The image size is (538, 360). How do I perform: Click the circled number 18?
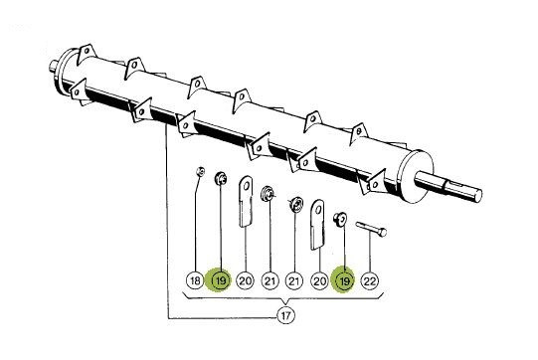195,280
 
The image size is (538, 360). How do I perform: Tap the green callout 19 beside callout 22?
344,280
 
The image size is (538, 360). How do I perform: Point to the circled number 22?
370,281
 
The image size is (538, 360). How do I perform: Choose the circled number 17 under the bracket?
285,315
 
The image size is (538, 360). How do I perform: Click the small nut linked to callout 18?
201,171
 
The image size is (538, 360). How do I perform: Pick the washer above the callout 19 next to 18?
221,178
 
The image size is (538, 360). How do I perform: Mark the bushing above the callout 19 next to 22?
340,218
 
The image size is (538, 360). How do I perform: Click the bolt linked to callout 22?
371,230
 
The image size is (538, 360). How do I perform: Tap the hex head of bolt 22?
383,233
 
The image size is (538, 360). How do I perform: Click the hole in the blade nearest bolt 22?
318,210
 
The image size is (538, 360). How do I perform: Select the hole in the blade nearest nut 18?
246,186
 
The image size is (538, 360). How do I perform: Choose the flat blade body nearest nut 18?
246,202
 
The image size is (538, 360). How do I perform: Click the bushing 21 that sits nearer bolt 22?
295,205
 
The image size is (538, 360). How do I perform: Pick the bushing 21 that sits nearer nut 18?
267,193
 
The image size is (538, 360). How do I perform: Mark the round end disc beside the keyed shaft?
416,177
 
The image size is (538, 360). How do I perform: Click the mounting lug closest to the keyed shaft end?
375,183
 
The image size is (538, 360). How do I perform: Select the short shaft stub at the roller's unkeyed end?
53,66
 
